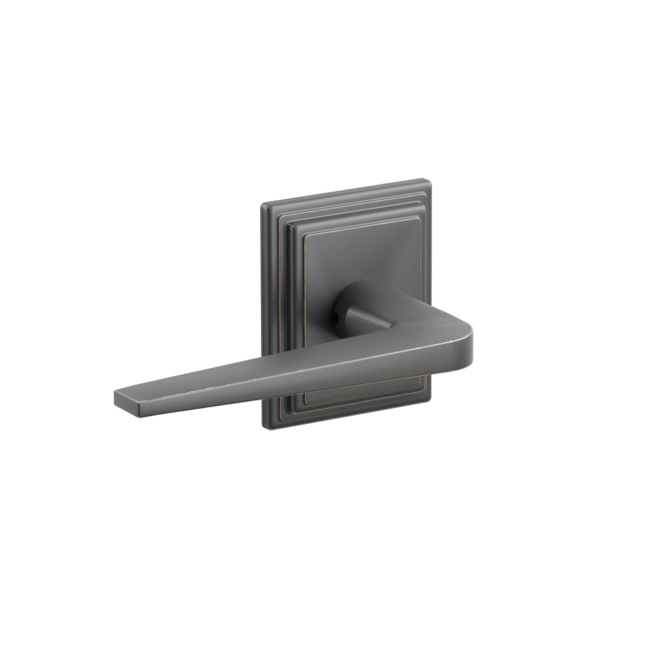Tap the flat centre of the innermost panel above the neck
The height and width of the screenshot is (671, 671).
point(361,264)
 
